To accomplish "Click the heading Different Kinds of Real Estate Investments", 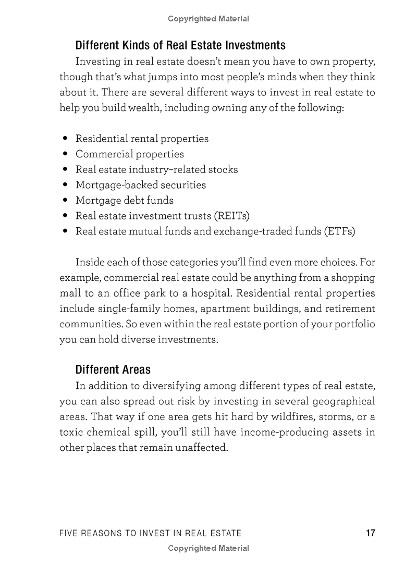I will point(180,45).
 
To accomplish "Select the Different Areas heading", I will point(113,370).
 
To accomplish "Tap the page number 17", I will point(370,533).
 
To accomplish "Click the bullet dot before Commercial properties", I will point(65,154).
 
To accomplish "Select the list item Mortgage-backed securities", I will point(141,185).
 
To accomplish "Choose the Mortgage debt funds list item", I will point(125,201).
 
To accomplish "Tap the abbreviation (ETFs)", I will point(339,231).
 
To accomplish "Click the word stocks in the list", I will point(223,169).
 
